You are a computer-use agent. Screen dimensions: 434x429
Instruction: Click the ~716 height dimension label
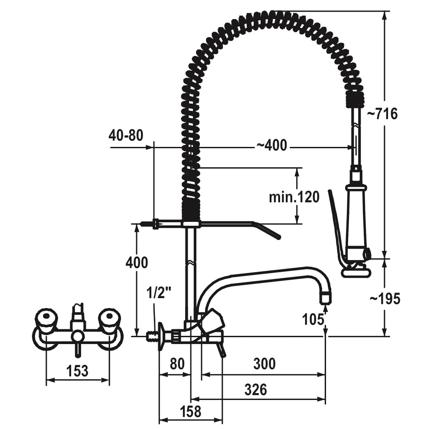click(x=382, y=114)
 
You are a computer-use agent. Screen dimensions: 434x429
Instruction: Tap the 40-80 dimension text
click(x=126, y=135)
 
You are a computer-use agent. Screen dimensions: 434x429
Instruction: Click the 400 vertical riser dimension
click(x=137, y=263)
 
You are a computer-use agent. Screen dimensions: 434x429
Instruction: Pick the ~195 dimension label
click(x=385, y=298)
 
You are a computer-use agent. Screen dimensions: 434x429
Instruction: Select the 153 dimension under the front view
click(x=77, y=370)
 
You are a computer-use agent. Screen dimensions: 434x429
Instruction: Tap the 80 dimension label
click(x=177, y=364)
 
